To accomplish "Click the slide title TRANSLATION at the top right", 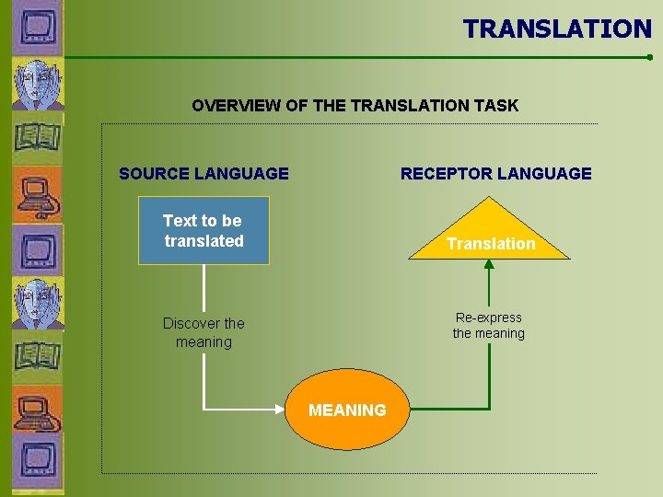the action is [557, 29].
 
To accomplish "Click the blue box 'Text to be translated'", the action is [204, 230].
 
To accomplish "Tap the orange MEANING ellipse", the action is [347, 410].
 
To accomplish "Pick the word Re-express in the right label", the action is [488, 318].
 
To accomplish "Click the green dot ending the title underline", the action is [649, 57].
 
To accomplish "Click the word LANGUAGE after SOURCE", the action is [246, 173].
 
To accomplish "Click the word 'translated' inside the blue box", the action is [204, 241].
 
